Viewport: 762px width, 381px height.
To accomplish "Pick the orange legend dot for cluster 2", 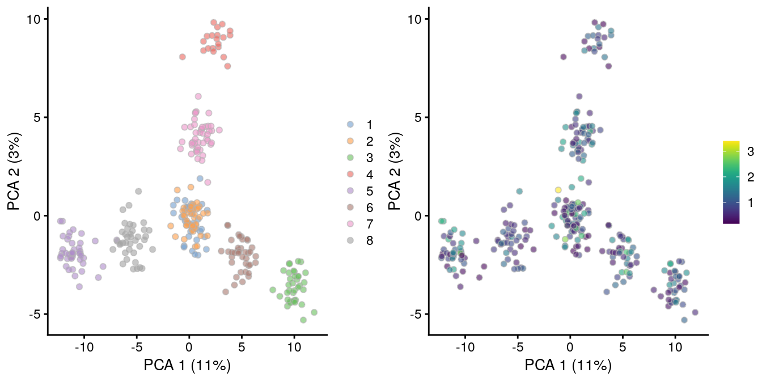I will click(x=350, y=141).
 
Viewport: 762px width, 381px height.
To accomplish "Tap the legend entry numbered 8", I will click(x=370, y=240).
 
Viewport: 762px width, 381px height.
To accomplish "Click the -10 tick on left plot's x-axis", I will click(x=84, y=346).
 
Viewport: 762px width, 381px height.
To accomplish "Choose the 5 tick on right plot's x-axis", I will click(x=623, y=346).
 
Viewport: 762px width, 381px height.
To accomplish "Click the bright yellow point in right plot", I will click(x=558, y=190).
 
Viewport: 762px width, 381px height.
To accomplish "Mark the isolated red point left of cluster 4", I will click(x=183, y=57).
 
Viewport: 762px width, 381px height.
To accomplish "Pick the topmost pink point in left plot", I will click(x=198, y=96).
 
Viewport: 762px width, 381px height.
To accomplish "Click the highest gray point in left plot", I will click(x=138, y=191).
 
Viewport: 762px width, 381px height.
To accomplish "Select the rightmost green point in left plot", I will click(x=314, y=312).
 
